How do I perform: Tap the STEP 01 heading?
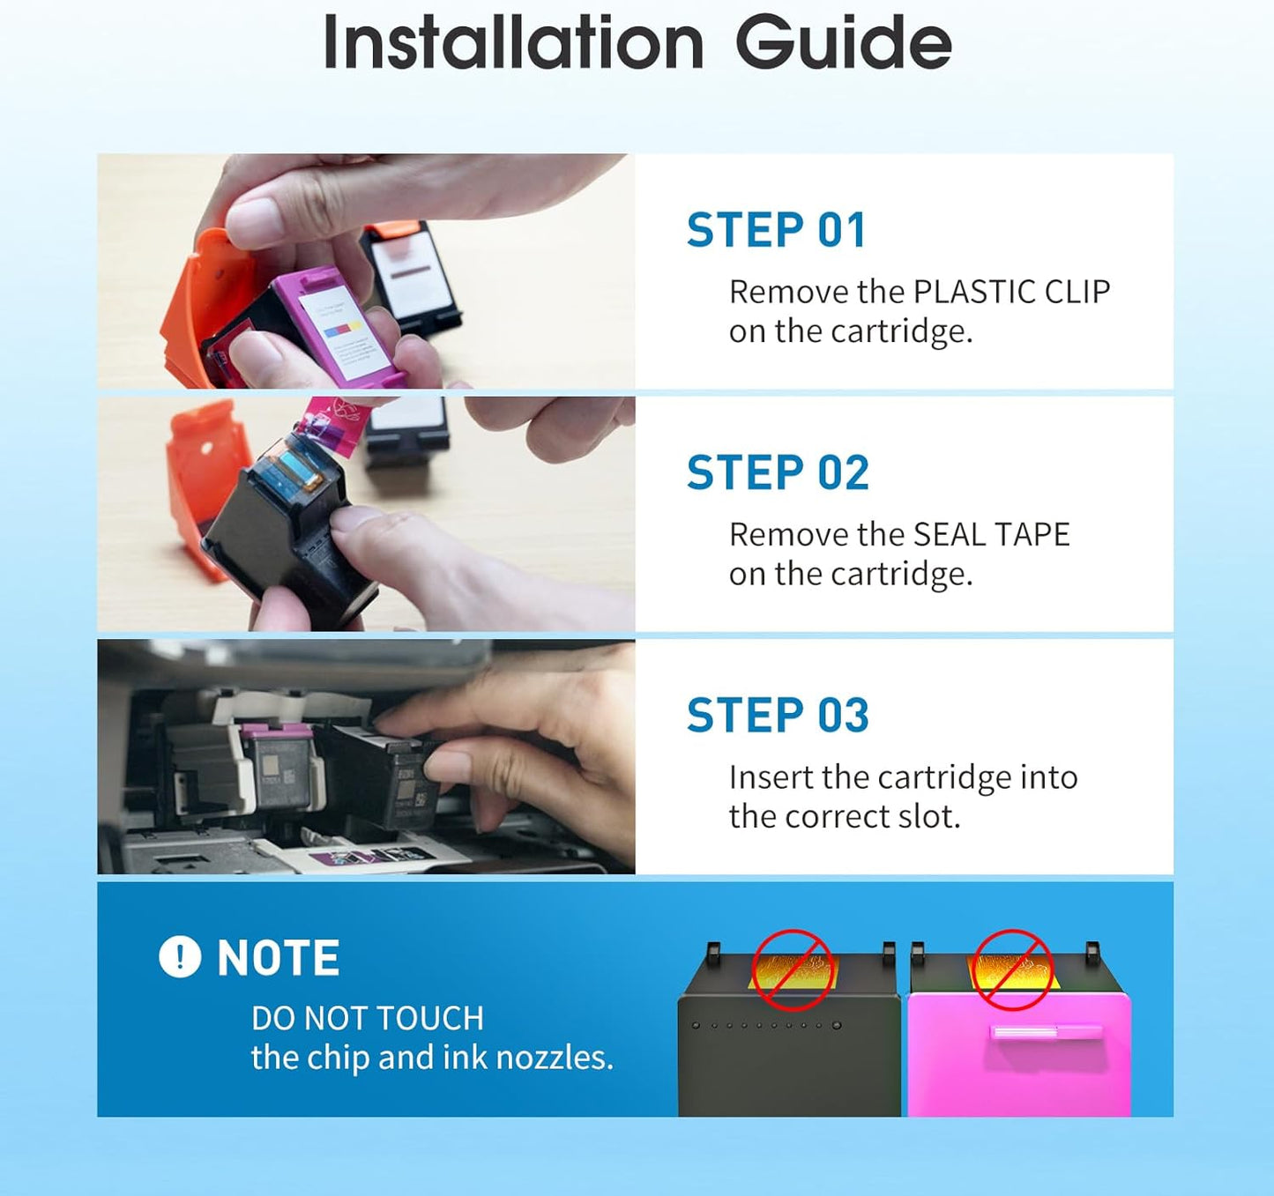pyautogui.click(x=776, y=230)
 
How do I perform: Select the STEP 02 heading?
pyautogui.click(x=778, y=472)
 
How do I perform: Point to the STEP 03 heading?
pyautogui.click(x=778, y=715)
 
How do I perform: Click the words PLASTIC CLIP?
pyautogui.click(x=1011, y=293)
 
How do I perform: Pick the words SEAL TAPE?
pyautogui.click(x=992, y=535)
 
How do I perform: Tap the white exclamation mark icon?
pyautogui.click(x=180, y=957)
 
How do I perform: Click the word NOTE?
pyautogui.click(x=279, y=957)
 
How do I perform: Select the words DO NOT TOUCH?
pyautogui.click(x=368, y=1018)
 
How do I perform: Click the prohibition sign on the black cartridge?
pyautogui.click(x=793, y=970)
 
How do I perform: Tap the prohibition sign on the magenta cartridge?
pyautogui.click(x=1013, y=970)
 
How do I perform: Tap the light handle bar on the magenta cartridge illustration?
pyautogui.click(x=1046, y=1032)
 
